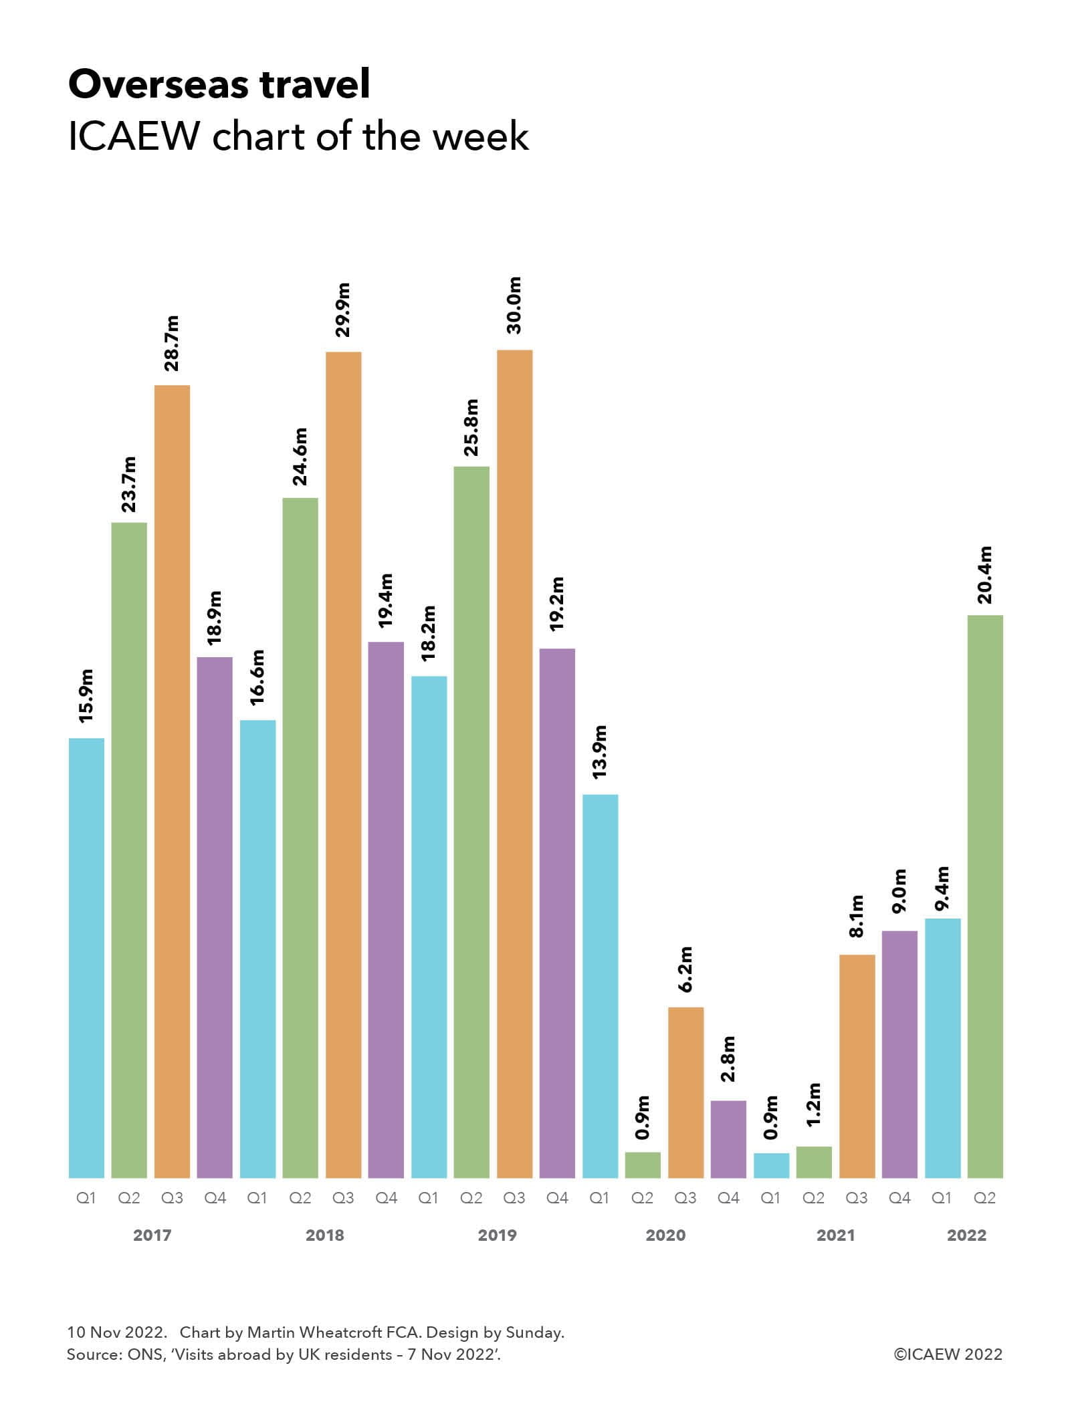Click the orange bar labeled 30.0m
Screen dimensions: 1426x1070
pos(514,762)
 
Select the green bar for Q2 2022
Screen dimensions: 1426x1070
pos(985,896)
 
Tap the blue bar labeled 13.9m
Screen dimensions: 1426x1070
pos(600,986)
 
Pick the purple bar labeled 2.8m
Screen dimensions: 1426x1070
pos(728,1139)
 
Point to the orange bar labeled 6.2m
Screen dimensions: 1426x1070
pos(685,1092)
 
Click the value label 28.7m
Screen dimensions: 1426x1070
pos(172,343)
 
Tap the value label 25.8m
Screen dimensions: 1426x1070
pos(471,427)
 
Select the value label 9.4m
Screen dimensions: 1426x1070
pos(942,888)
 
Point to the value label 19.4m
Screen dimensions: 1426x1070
pos(386,600)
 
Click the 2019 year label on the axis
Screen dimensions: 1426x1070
pos(497,1235)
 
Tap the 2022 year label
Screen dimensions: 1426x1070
pos(966,1235)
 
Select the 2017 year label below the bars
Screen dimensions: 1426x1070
pos(152,1235)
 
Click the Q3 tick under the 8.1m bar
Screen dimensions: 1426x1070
pos(856,1198)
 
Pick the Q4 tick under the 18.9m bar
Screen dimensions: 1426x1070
pos(215,1198)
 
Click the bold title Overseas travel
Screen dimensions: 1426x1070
pos(219,85)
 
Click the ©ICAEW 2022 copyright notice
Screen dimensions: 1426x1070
pos(948,1354)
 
